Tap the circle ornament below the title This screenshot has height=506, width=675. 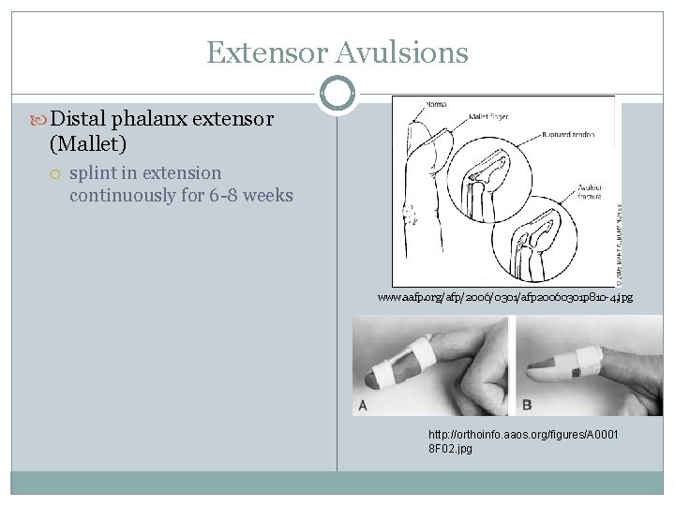click(x=337, y=92)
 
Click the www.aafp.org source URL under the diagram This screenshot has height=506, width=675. click(x=505, y=297)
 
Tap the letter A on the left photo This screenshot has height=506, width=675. click(x=362, y=406)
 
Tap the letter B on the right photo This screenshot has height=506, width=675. click(x=526, y=406)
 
